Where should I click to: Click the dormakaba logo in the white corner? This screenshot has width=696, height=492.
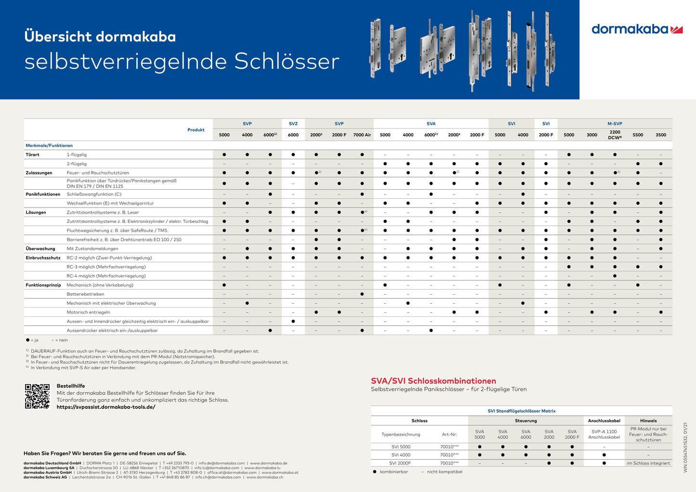point(637,29)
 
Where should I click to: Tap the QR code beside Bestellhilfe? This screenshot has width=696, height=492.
point(37,396)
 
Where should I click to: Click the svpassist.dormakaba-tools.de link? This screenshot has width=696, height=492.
point(106,407)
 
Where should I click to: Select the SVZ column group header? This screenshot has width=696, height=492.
point(293,124)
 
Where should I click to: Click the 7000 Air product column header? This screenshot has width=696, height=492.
point(362,135)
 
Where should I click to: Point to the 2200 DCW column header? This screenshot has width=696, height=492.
point(615,135)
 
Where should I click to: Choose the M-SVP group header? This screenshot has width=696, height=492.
point(615,124)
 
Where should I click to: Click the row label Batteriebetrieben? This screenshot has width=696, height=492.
point(85,294)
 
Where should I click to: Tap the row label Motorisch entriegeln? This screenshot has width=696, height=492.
point(88,312)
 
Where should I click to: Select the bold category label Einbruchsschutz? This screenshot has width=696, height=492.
point(43,258)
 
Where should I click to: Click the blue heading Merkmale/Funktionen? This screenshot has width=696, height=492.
point(49,145)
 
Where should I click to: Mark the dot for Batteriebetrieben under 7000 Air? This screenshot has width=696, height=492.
point(362,294)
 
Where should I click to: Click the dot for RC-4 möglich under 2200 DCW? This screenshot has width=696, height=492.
point(615,276)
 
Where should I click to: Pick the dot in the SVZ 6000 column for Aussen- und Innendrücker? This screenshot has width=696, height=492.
point(293,321)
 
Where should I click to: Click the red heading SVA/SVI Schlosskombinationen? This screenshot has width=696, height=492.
point(433,381)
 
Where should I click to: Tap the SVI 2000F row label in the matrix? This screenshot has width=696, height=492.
point(401,463)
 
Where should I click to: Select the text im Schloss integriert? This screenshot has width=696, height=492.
point(648,463)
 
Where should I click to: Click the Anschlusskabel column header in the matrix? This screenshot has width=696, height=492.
point(604,421)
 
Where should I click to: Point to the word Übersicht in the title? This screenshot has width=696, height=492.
point(58,37)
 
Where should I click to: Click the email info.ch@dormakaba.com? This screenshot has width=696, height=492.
point(218,477)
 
